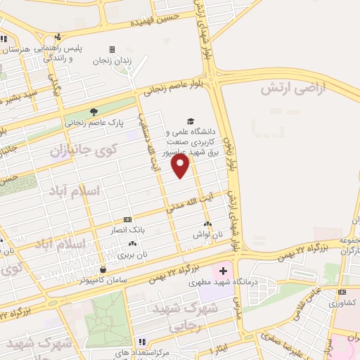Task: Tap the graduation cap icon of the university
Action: pos(188,121)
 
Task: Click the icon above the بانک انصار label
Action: pos(127,219)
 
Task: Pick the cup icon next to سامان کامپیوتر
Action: pos(103,269)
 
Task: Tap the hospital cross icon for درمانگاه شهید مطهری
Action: pos(223,271)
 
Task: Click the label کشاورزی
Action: pos(342,302)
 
